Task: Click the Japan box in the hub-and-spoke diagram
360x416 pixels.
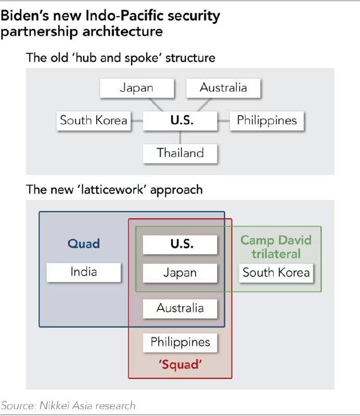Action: coord(136,87)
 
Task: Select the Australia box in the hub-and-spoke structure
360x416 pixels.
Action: coord(223,87)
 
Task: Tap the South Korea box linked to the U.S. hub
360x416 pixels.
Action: coord(94,121)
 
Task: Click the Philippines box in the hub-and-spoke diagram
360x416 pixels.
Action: coord(267,121)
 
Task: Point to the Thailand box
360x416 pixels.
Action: coord(180,153)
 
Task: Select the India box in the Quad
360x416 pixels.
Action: coord(84,271)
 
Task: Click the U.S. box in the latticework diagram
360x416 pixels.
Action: coord(180,244)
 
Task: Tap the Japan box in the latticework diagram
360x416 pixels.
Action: coord(180,272)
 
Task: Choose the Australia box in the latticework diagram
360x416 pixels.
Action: coord(180,308)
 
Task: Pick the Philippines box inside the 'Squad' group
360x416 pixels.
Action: coord(180,342)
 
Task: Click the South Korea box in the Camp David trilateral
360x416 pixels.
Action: coord(276,272)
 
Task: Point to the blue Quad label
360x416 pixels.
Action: coord(84,243)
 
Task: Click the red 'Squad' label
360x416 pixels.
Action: coord(180,365)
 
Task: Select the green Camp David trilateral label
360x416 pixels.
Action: coord(276,246)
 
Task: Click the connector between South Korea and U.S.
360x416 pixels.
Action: coord(137,121)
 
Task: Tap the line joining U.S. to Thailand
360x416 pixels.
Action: coord(180,137)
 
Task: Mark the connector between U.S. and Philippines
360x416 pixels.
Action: coord(224,121)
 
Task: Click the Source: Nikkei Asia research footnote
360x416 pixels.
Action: coord(68,405)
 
